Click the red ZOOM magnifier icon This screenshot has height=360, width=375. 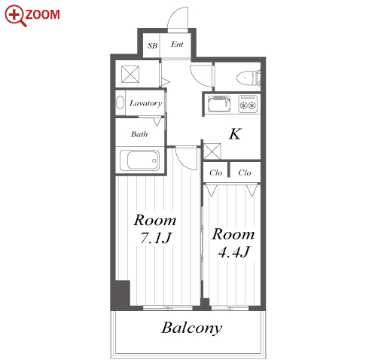point(16,16)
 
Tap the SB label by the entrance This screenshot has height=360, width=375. point(152,46)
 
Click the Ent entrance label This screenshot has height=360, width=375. point(177,44)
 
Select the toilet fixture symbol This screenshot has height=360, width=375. point(248,78)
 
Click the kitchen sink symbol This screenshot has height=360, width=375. point(219,104)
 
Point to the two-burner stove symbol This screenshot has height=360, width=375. point(248,104)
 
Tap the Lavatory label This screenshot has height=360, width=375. point(145,103)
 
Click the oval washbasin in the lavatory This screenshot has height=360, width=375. point(120,102)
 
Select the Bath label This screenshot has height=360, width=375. point(139,134)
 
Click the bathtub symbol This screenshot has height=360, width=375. point(139,160)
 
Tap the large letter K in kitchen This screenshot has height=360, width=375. point(235,134)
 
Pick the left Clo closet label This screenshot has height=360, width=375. point(216,172)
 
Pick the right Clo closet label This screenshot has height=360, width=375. point(245,172)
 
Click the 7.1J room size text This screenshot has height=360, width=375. point(156,238)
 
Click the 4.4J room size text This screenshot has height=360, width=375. point(234,252)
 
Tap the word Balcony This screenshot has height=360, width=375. point(192,328)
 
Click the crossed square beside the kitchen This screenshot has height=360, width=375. point(212,151)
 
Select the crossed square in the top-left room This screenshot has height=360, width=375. point(130,74)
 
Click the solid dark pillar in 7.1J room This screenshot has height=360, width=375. point(121,294)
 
